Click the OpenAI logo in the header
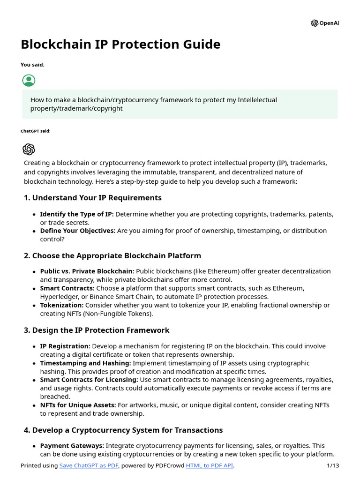point(324,23)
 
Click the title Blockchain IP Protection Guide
point(120,45)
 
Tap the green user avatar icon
point(29,80)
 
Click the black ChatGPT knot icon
point(29,149)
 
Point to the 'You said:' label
point(32,65)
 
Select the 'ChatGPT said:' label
point(35,131)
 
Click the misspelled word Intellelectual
point(257,100)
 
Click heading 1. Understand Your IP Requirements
point(92,198)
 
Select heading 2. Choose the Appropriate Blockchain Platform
point(112,256)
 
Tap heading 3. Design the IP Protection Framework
point(97,330)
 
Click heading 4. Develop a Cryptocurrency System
point(123,430)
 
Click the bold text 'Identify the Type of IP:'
point(76,214)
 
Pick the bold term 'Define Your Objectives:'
point(77,231)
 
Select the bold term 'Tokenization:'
point(62,305)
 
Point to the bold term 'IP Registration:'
point(65,346)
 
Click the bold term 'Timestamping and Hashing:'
point(85,363)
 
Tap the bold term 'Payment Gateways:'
point(72,446)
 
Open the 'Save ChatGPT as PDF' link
point(89,465)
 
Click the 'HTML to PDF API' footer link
point(209,465)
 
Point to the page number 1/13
point(332,465)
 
